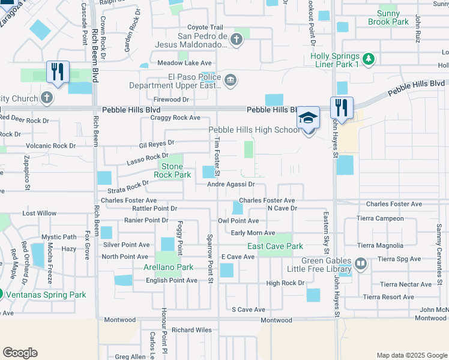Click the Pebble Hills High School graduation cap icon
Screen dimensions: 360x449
[309, 117]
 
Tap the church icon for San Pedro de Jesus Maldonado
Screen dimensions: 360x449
[237, 40]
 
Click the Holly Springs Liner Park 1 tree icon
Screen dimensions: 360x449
[369, 59]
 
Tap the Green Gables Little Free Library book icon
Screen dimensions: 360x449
[360, 263]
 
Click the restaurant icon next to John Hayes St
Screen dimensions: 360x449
[341, 107]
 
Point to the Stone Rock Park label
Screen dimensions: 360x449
[172, 170]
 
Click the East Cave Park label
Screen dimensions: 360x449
[275, 246]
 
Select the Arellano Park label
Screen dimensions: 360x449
[168, 267]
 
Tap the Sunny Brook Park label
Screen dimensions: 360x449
[392, 17]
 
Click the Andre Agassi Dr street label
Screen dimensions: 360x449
[231, 185]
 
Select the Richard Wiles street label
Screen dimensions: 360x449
[191, 330]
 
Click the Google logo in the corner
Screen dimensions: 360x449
[20, 353]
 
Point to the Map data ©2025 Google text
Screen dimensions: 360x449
[411, 355]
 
